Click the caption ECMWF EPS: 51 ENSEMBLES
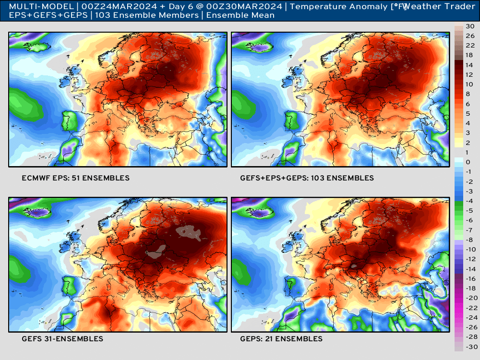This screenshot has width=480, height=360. (x=75, y=178)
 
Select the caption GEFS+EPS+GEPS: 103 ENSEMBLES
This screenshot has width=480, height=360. (x=307, y=178)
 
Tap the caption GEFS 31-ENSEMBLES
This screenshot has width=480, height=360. (x=62, y=339)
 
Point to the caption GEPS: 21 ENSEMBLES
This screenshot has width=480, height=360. (x=281, y=339)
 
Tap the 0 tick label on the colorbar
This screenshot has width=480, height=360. (x=468, y=162)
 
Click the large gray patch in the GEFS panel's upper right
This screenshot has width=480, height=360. (x=190, y=233)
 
